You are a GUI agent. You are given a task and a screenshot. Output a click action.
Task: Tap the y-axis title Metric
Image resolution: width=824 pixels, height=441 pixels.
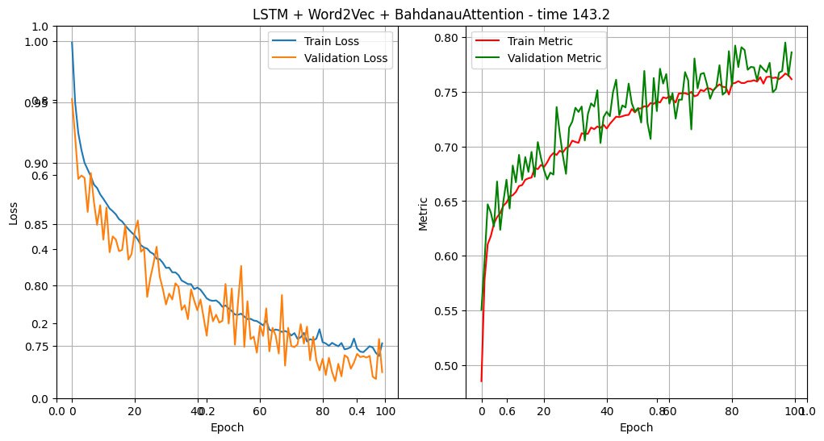tap(423, 212)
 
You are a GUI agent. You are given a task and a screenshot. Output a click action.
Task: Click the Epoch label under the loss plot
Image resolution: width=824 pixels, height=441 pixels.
tap(227, 427)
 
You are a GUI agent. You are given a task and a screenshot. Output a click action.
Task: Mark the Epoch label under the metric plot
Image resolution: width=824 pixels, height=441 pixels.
tap(637, 427)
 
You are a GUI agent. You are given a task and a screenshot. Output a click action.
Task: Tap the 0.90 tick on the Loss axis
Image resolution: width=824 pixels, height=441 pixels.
tap(37, 163)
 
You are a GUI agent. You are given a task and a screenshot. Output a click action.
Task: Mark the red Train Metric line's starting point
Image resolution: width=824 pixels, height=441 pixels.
tap(481, 381)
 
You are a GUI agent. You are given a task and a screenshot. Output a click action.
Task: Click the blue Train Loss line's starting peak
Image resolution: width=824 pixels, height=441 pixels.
tap(72, 43)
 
